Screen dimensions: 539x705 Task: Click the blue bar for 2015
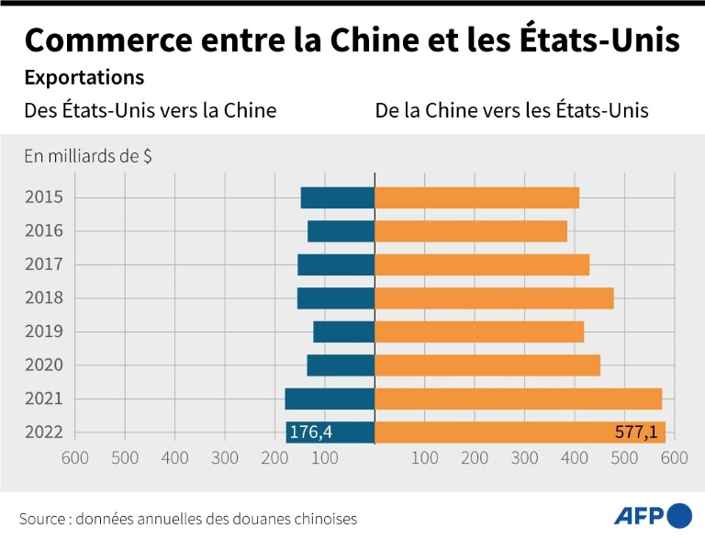(338, 197)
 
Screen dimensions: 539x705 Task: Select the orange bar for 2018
(494, 298)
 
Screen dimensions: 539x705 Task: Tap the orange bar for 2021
(518, 399)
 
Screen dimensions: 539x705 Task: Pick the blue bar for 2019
(344, 331)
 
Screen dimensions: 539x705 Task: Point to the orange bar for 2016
(471, 231)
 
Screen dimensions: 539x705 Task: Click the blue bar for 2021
(330, 399)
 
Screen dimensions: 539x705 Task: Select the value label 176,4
(311, 432)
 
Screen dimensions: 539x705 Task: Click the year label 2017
(44, 264)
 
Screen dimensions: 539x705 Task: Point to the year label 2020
(44, 365)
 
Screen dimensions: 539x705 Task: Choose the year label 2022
(44, 432)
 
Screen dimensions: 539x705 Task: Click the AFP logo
(653, 514)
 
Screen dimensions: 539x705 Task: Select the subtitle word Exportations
(84, 77)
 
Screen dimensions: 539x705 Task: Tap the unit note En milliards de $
(88, 156)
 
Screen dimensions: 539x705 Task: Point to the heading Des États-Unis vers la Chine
(150, 111)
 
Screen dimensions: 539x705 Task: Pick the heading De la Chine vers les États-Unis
(512, 111)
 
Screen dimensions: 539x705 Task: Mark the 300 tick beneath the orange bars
(524, 457)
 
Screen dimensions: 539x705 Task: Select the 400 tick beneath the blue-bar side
(175, 457)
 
